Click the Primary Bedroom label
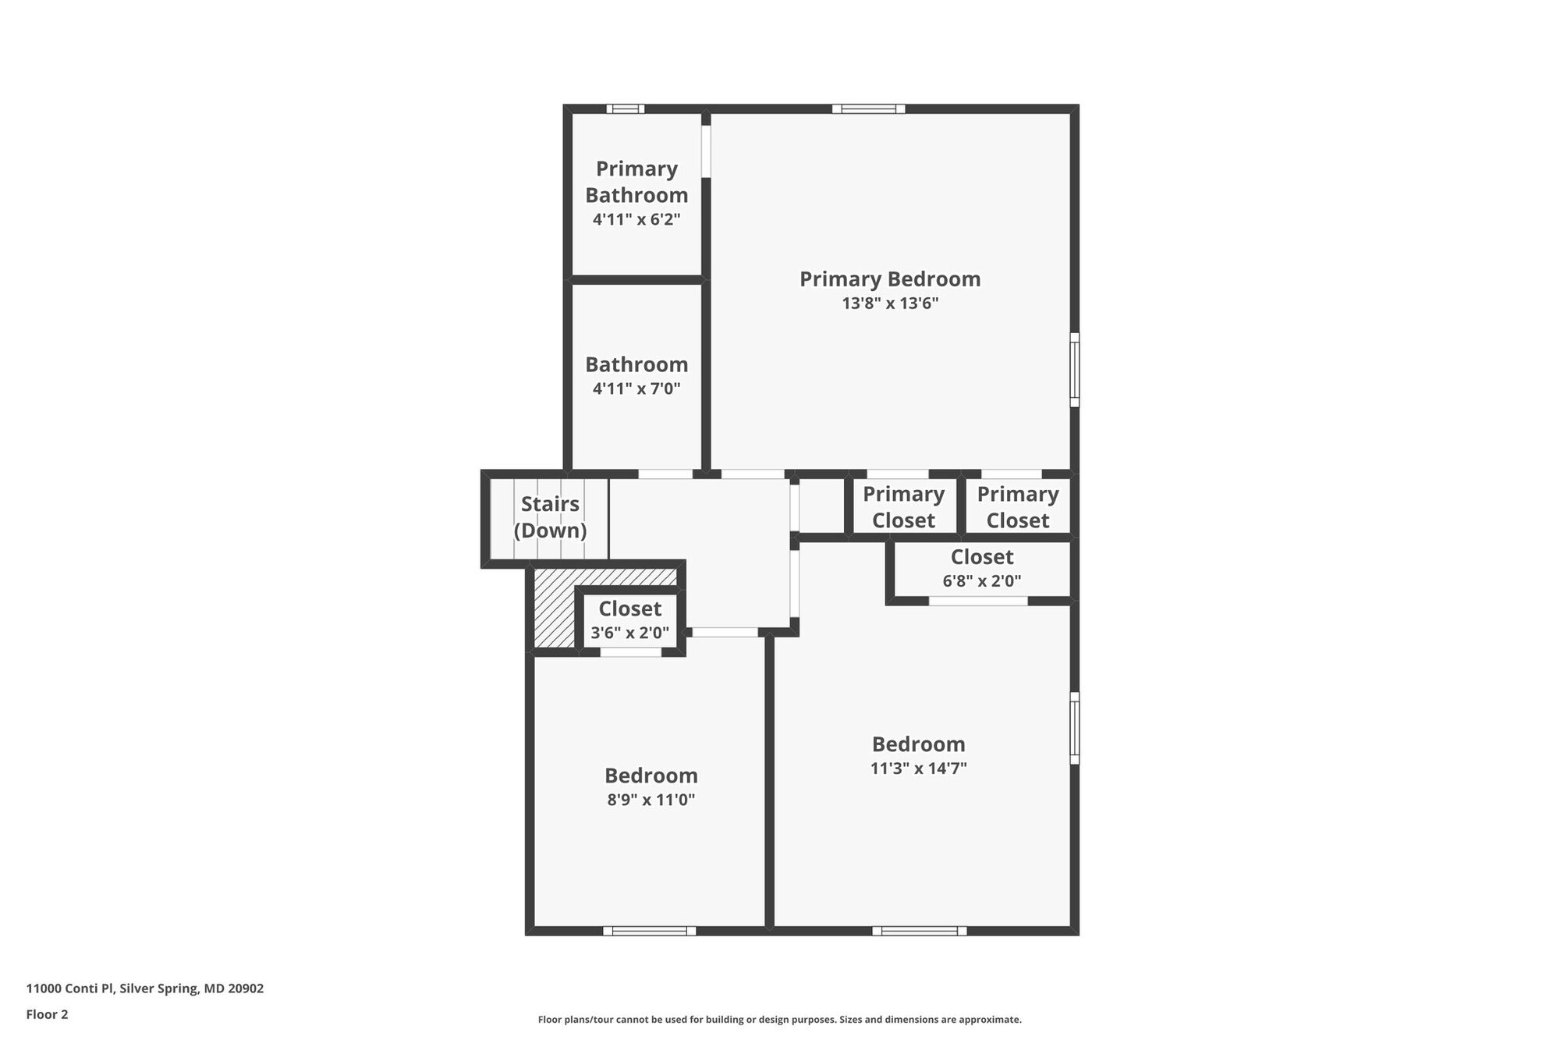[x=889, y=279]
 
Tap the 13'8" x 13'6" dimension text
[x=889, y=303]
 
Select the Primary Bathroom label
[x=636, y=182]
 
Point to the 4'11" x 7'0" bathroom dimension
[x=636, y=389]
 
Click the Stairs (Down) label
[x=550, y=517]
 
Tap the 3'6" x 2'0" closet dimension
[x=629, y=633]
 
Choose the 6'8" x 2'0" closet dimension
[x=981, y=581]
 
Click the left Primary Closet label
[x=903, y=507]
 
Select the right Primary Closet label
[x=1017, y=507]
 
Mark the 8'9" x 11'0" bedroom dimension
[x=651, y=800]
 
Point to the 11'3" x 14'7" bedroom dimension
[x=918, y=768]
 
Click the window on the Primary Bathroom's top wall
[x=626, y=109]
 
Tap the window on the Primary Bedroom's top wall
[x=868, y=109]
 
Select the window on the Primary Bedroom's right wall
[x=1074, y=370]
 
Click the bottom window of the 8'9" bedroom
[x=649, y=930]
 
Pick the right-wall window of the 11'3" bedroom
[x=1074, y=728]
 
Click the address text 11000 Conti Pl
[x=145, y=989]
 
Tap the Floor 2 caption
[x=47, y=1014]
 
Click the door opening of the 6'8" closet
[x=978, y=601]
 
